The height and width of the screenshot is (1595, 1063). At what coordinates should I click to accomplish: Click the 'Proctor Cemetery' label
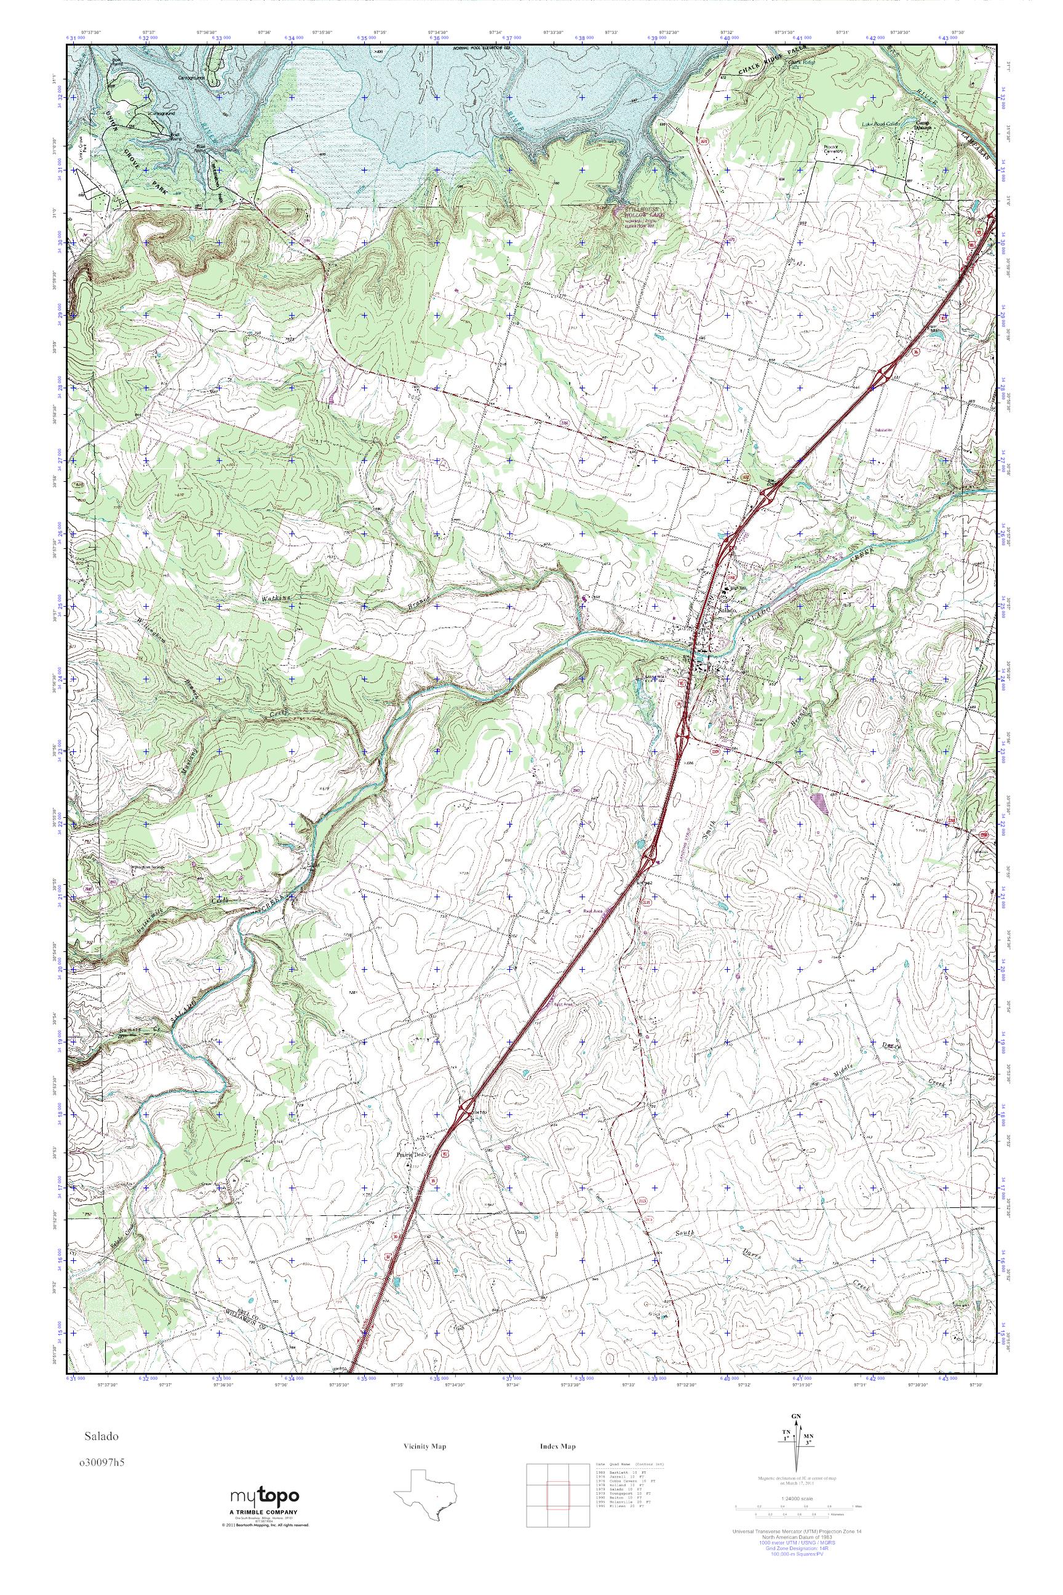(832, 148)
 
